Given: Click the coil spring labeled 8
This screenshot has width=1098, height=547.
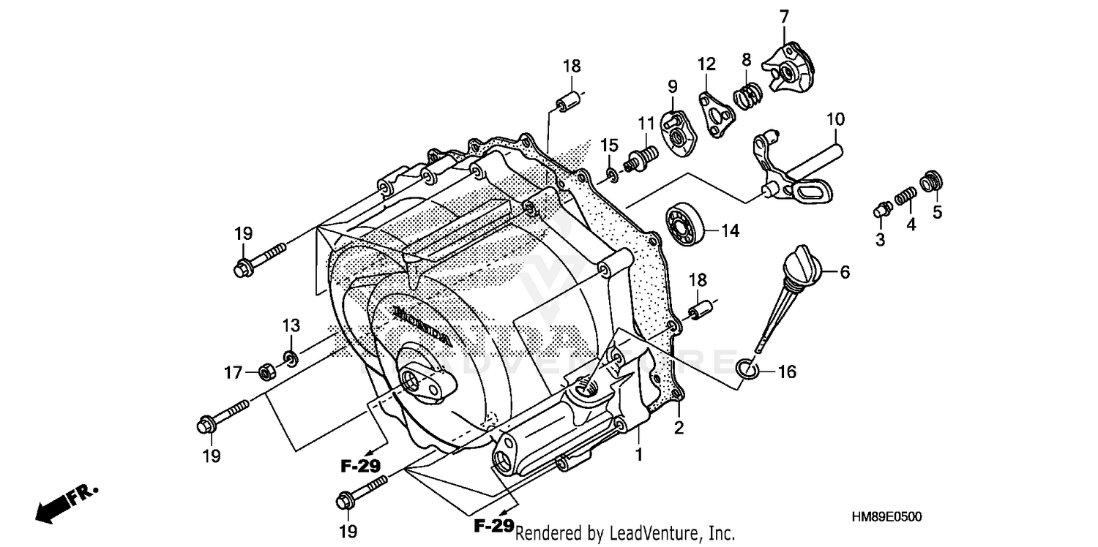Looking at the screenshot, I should pos(747,96).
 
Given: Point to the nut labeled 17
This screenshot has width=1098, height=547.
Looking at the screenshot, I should pos(267,372).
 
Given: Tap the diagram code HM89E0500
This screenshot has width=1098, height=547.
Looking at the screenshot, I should pos(886,517).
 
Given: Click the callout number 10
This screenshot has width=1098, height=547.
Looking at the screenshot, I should pos(835,118).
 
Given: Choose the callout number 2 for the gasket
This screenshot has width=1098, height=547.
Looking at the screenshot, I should pos(679,429).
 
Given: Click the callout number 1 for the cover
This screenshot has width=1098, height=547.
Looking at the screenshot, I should pos(638,455).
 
